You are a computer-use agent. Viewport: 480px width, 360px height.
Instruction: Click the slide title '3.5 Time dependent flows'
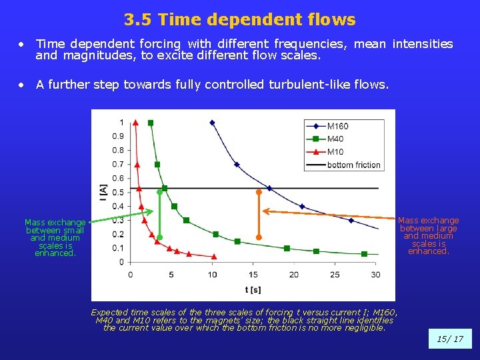coord(240,20)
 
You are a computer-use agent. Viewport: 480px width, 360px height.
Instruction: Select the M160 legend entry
coord(337,127)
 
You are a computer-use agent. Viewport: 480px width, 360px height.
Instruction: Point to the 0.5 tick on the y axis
coord(117,192)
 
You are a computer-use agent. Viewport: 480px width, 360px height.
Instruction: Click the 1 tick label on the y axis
coord(121,122)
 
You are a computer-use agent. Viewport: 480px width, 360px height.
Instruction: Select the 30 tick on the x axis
coord(375,275)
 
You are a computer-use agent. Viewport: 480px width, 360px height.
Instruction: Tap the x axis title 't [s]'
coord(253,289)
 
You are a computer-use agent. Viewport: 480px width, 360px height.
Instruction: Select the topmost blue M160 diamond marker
coord(212,123)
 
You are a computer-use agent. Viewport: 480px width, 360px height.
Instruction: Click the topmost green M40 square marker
coord(151,123)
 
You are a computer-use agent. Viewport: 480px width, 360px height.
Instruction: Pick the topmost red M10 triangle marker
coord(135,122)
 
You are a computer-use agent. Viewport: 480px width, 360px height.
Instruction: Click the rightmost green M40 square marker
coord(364,254)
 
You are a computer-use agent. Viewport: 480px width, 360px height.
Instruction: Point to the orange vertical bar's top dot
coord(259,192)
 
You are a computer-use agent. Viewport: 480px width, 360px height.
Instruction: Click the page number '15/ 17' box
coord(449,339)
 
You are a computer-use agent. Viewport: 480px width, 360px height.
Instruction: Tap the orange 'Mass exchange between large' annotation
coord(429,235)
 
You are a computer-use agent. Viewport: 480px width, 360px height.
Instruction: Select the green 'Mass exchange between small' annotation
coord(55,237)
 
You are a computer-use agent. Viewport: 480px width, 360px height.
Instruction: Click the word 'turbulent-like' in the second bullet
coord(299,85)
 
